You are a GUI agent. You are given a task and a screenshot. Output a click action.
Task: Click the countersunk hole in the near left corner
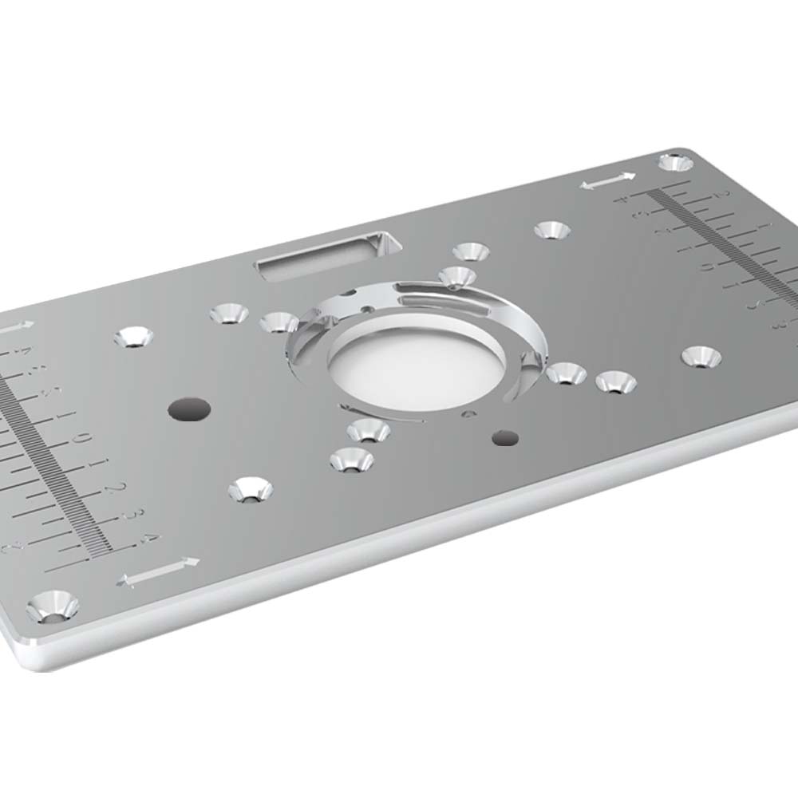coord(53,606)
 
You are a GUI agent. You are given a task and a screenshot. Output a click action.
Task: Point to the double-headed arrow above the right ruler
coord(608,182)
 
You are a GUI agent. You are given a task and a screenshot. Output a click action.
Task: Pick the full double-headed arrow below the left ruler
coord(157,570)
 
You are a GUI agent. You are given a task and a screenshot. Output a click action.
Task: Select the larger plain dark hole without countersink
coord(189,409)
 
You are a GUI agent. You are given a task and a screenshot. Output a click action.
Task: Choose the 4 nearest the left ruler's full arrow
coord(148,537)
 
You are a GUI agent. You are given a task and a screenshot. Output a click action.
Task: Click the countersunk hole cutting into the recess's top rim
coord(457,277)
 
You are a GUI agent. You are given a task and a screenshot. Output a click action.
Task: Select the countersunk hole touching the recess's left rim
coord(279,322)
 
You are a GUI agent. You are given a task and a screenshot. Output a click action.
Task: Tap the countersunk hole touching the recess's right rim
coord(567,373)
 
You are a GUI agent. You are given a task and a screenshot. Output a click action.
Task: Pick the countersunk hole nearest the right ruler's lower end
coord(699,356)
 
